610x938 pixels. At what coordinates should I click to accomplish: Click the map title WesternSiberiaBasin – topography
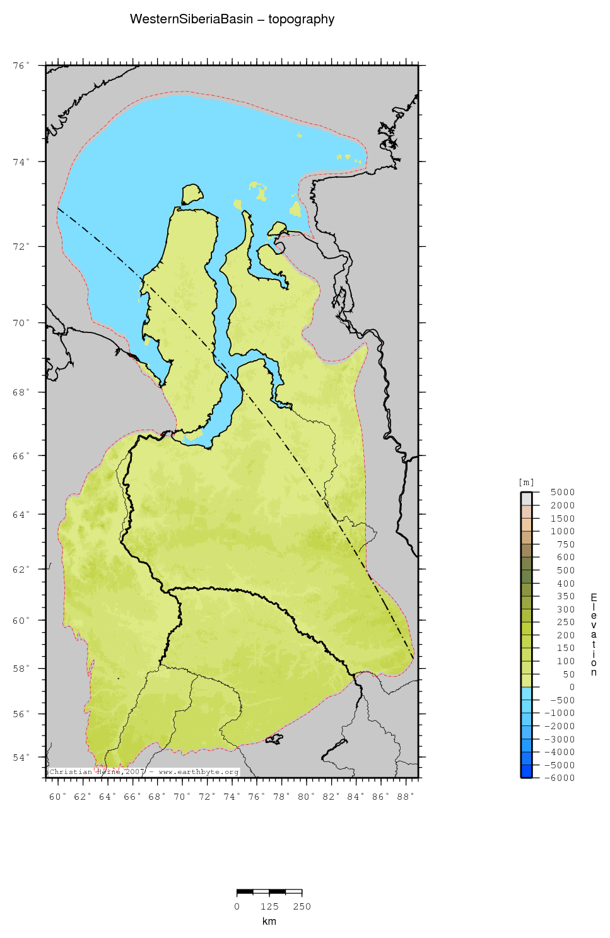click(232, 20)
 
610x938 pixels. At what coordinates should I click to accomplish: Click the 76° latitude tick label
click(21, 66)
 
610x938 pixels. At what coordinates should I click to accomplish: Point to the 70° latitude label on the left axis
click(21, 323)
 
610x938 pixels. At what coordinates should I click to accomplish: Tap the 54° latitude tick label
click(21, 758)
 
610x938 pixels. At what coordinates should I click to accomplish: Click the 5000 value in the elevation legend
click(562, 493)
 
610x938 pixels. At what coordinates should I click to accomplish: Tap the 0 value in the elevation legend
click(572, 687)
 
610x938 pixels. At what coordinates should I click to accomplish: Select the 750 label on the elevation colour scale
click(565, 544)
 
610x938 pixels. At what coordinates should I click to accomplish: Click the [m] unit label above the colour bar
click(526, 483)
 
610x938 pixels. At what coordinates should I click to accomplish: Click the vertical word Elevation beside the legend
click(594, 635)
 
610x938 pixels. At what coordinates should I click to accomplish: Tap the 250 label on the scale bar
click(302, 906)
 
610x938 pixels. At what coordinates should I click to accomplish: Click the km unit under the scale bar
click(269, 922)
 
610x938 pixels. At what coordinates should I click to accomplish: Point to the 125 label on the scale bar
click(269, 906)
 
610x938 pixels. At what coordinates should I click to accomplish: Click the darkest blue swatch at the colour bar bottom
click(526, 771)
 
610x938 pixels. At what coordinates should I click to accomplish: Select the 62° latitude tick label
click(21, 569)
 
